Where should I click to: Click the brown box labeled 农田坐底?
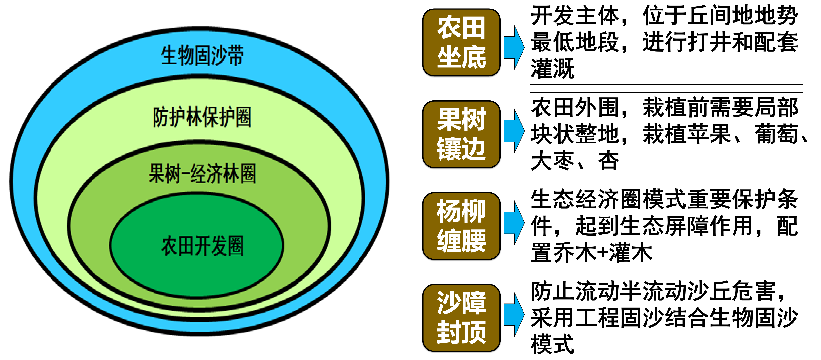click(461, 42)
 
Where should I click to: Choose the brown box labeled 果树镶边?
click(461, 134)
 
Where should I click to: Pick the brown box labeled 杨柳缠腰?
click(461, 226)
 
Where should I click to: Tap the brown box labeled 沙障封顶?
click(461, 318)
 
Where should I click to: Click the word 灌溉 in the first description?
click(552, 68)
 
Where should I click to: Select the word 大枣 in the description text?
click(552, 161)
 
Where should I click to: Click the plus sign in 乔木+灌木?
click(602, 253)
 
